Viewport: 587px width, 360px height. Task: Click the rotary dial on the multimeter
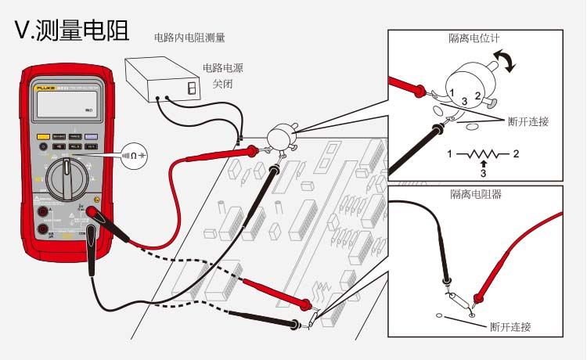tap(71, 177)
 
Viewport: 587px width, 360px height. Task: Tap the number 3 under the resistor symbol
tap(484, 171)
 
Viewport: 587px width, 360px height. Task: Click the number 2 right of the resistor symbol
tap(516, 153)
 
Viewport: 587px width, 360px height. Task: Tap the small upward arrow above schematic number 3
tap(484, 162)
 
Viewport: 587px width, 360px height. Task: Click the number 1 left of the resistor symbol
tap(449, 153)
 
